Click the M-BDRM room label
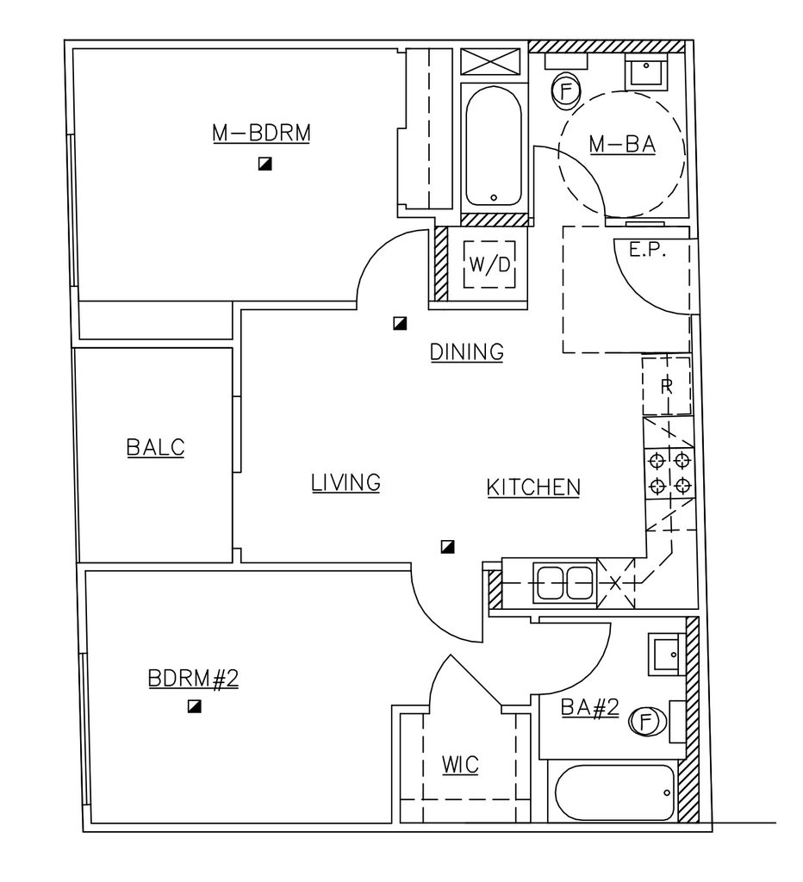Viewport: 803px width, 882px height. [x=261, y=134]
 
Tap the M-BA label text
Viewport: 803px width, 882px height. [x=622, y=145]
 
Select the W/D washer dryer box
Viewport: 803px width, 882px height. [x=489, y=264]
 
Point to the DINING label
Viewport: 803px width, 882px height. [x=466, y=352]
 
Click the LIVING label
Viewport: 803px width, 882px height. [x=345, y=482]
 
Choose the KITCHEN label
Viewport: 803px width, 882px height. [x=533, y=488]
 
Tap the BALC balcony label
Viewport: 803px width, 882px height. [x=155, y=448]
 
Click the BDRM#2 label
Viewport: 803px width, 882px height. [x=193, y=679]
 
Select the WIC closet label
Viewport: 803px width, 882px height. [x=460, y=765]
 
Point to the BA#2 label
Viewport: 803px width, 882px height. [x=589, y=707]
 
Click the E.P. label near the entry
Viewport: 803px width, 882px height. [x=647, y=251]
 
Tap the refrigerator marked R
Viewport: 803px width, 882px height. [x=667, y=386]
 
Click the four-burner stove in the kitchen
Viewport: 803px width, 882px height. [x=669, y=473]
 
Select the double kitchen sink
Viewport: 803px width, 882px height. [x=564, y=583]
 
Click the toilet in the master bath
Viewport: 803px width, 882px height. [x=566, y=90]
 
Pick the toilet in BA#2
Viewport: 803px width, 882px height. [x=647, y=721]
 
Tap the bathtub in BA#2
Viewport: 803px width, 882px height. [x=614, y=792]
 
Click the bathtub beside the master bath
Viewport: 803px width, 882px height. [x=494, y=146]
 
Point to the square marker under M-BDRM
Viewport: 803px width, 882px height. [x=265, y=164]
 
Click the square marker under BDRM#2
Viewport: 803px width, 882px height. [x=194, y=706]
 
